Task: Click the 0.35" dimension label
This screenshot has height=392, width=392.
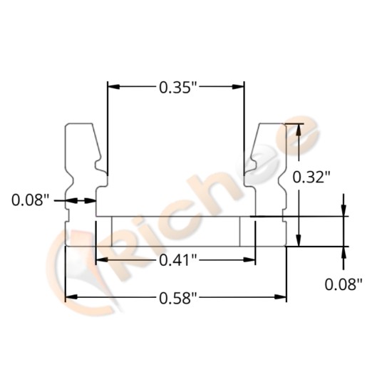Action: click(175, 88)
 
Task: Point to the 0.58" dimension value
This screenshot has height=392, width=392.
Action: click(175, 299)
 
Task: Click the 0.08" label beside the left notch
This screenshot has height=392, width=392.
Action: click(31, 200)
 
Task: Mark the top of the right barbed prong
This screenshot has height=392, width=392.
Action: click(272, 125)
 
